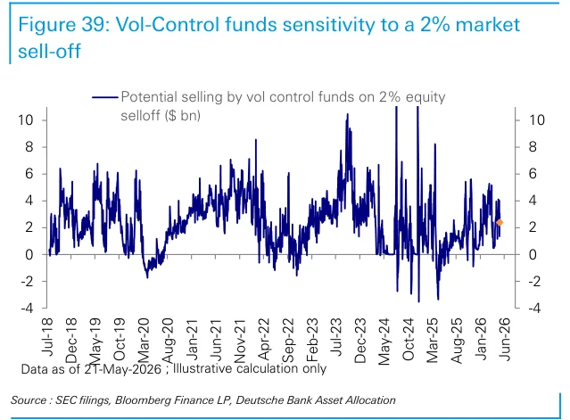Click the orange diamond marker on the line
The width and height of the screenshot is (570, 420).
[x=500, y=222]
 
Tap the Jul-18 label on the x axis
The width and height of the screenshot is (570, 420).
[x=47, y=337]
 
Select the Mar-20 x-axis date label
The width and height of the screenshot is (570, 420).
[x=144, y=340]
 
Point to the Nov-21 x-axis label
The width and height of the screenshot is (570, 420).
[x=240, y=341]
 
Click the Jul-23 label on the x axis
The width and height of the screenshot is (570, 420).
[x=336, y=337]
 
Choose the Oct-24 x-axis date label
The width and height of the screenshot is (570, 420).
[x=409, y=340]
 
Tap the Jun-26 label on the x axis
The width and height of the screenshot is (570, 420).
[x=505, y=340]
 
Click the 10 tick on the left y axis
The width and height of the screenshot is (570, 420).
[x=26, y=119]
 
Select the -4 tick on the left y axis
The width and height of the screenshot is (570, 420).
[x=27, y=309]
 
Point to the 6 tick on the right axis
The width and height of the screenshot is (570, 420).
[x=533, y=174]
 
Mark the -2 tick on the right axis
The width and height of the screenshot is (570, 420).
[x=534, y=281]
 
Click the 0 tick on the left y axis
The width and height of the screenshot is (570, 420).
[x=29, y=254]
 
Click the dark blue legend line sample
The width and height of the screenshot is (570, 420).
[x=104, y=97]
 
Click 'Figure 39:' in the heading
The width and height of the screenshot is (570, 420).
[x=64, y=25]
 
